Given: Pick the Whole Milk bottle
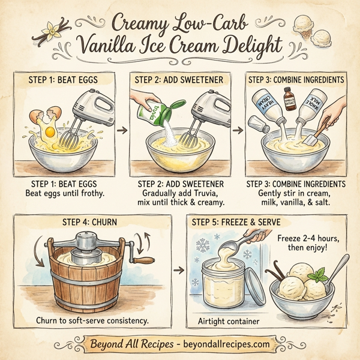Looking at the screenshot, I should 312,100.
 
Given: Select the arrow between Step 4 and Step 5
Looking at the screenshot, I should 178,271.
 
